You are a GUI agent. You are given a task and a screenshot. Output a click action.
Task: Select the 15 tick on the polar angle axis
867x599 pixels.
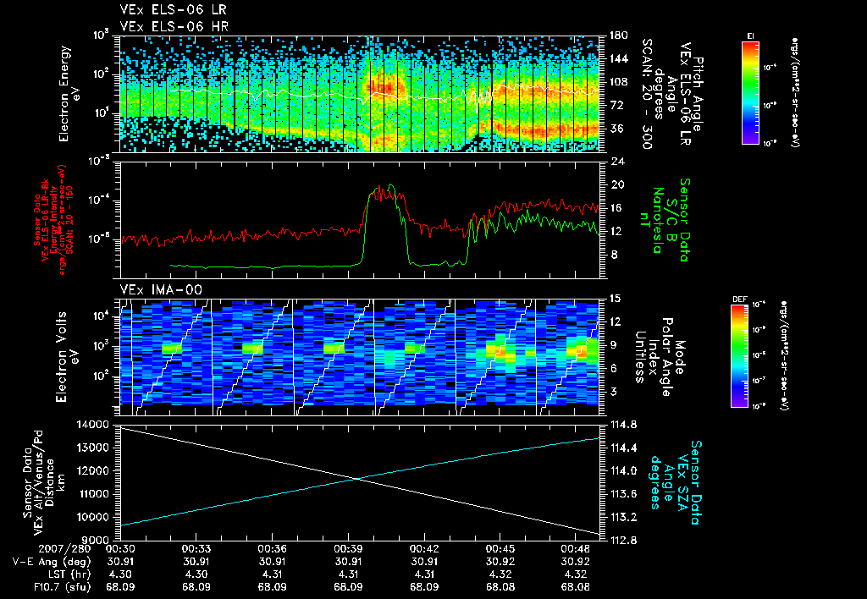coord(615,299)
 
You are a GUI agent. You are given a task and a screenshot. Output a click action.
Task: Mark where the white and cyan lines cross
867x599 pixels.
coord(359,479)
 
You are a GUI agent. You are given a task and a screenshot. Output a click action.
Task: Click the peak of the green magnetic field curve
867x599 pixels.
coord(392,184)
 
